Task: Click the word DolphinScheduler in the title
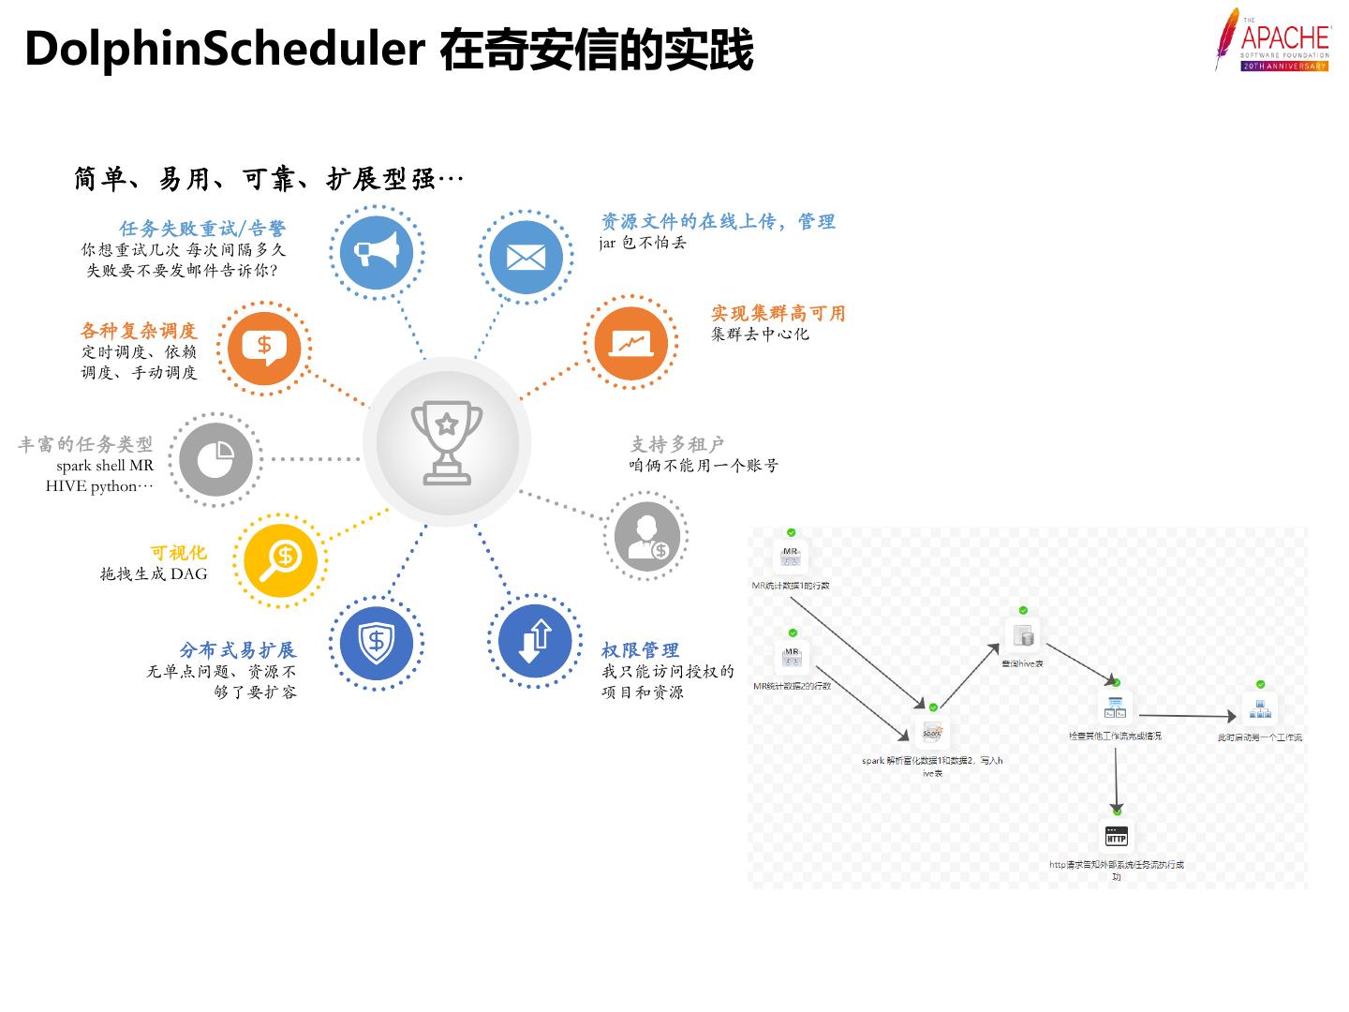click(225, 49)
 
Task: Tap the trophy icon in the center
click(447, 441)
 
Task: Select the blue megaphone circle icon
click(377, 253)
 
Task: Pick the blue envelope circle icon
click(526, 256)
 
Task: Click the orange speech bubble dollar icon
click(264, 348)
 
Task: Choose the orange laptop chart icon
click(630, 343)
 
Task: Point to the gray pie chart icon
click(215, 459)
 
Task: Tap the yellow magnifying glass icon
click(280, 560)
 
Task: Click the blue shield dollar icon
click(376, 643)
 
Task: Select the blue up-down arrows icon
click(535, 641)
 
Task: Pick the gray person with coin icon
click(647, 537)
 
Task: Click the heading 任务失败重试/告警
click(202, 229)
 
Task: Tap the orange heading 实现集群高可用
click(778, 313)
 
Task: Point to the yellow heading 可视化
click(178, 553)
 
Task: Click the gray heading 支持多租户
click(676, 444)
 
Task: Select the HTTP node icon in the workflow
click(1116, 837)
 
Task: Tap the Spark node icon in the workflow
click(932, 733)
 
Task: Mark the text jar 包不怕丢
click(643, 243)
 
